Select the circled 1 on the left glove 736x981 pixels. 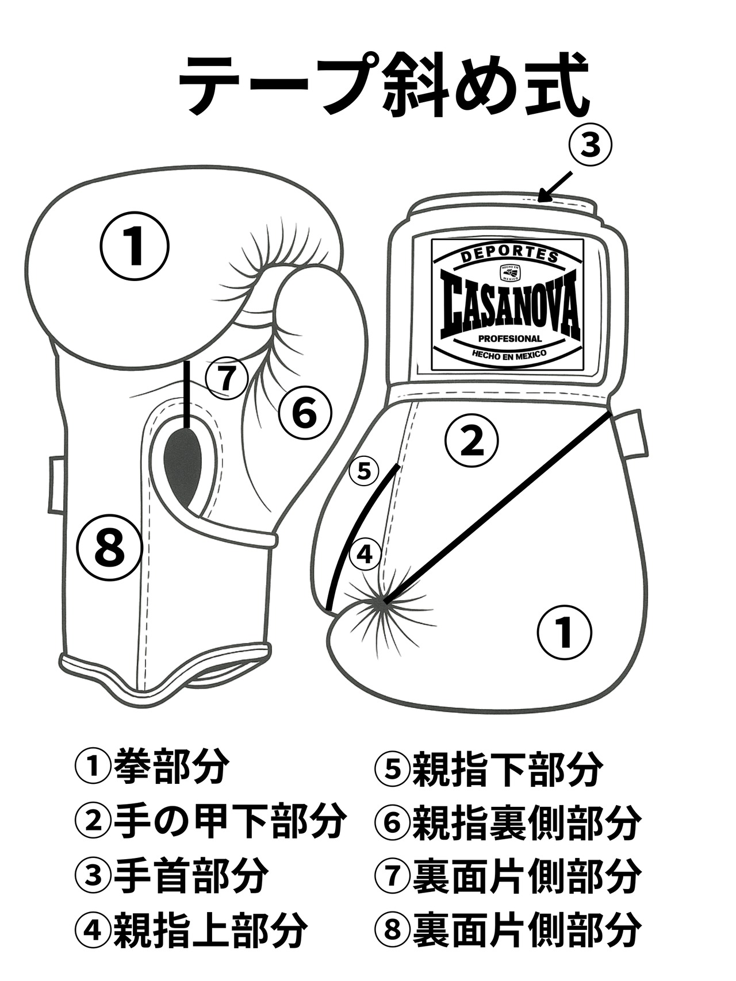135,246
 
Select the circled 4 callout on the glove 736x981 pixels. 365,555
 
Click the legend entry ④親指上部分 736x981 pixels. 190,930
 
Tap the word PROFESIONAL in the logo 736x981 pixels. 508,339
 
